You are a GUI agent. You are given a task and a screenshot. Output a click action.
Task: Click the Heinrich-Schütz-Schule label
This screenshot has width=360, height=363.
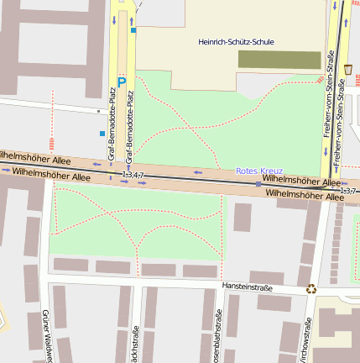coord(236,41)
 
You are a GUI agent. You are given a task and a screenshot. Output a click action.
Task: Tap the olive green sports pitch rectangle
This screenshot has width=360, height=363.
coord(279,60)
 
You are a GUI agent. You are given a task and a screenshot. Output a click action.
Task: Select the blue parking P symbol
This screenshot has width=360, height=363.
coord(122,82)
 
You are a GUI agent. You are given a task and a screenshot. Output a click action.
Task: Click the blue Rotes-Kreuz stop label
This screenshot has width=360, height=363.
coord(259,171)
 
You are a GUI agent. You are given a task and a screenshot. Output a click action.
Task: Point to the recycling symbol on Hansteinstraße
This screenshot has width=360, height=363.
coord(311,288)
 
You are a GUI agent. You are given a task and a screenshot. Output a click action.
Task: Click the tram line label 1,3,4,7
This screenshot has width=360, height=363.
coord(133,175)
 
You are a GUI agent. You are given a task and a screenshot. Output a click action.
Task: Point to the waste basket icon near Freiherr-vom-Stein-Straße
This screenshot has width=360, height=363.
coord(347,68)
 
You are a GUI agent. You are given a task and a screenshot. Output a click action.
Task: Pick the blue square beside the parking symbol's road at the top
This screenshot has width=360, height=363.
coord(133,30)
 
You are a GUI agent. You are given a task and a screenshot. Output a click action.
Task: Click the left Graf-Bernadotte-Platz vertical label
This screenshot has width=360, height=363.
coord(112,125)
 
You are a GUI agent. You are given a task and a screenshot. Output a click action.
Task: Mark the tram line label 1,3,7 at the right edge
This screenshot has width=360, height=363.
coord(349,191)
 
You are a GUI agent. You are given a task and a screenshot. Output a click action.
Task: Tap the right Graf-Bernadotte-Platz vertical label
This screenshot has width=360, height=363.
coord(130,125)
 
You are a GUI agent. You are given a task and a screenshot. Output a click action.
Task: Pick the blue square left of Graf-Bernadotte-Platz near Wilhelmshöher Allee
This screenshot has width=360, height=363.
coord(102,134)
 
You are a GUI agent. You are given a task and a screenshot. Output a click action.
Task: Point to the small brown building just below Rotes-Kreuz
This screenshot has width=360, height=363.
coord(243,217)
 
